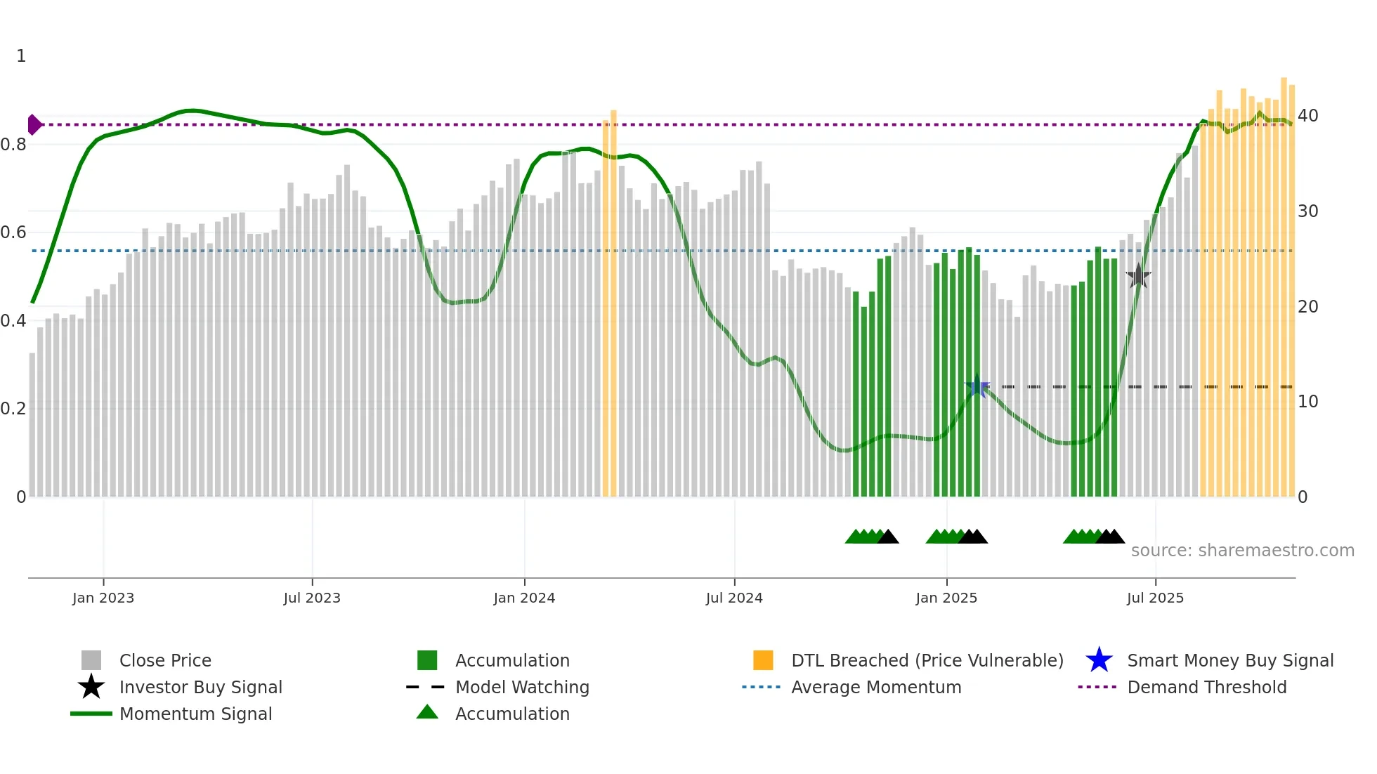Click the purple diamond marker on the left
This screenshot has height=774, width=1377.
[34, 125]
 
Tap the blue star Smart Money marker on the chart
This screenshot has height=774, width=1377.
[977, 386]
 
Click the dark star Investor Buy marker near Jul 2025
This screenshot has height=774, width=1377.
[1138, 277]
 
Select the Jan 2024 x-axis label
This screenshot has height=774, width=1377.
[524, 598]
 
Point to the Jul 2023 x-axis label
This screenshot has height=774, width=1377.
[312, 598]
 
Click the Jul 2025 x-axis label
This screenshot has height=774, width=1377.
[1155, 598]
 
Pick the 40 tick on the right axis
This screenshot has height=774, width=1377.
[1307, 116]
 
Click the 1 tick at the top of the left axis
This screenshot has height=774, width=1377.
[21, 56]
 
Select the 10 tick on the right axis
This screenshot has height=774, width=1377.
[1307, 402]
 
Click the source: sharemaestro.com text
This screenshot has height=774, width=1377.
[1242, 551]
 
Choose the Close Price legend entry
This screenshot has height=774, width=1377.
[165, 660]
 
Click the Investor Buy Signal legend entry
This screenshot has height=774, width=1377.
[200, 687]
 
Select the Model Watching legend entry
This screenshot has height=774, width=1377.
[522, 687]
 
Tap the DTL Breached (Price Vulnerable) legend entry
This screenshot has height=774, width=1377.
[927, 660]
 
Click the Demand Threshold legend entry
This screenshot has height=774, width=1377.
[1206, 687]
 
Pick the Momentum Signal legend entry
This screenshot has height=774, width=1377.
[195, 714]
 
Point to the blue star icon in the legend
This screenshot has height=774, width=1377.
[1099, 660]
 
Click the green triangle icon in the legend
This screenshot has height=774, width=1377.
[427, 712]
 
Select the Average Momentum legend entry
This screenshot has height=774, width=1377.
[875, 687]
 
